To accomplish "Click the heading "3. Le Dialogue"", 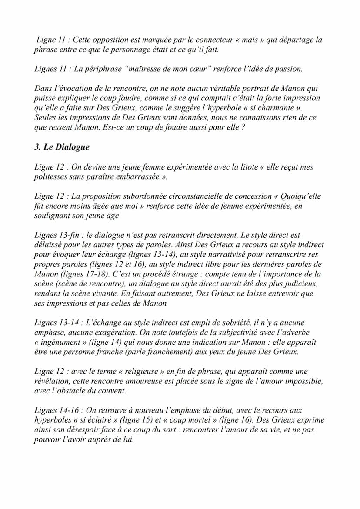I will pyautogui.click(x=62, y=147).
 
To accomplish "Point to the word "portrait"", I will pyautogui.click(x=257, y=89).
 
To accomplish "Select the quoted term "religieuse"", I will pyautogui.click(x=143, y=372).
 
